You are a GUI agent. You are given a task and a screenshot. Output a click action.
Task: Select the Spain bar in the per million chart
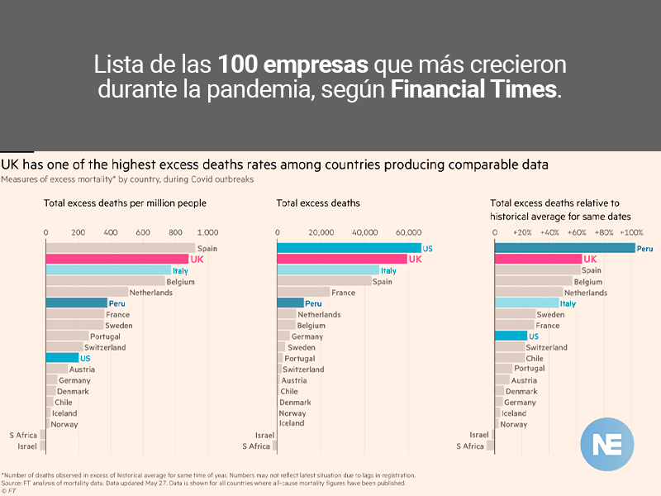120,248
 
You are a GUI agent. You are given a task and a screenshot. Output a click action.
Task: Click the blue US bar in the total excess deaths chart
349,248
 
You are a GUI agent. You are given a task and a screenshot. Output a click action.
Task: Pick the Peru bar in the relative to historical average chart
564,248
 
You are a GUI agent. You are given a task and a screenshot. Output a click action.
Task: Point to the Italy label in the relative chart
568,303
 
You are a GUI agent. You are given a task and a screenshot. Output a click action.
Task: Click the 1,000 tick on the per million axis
207,232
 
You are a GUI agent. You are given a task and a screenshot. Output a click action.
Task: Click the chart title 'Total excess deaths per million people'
125,203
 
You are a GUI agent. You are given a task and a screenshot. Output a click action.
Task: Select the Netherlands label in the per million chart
151,293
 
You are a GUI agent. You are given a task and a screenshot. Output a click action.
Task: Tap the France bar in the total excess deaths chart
303,293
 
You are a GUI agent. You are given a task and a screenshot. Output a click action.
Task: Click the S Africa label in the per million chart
23,435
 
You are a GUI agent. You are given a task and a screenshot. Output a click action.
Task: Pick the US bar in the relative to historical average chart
510,336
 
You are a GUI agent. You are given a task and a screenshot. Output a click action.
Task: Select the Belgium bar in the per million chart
105,281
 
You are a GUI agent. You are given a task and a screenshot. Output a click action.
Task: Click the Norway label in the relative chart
513,424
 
